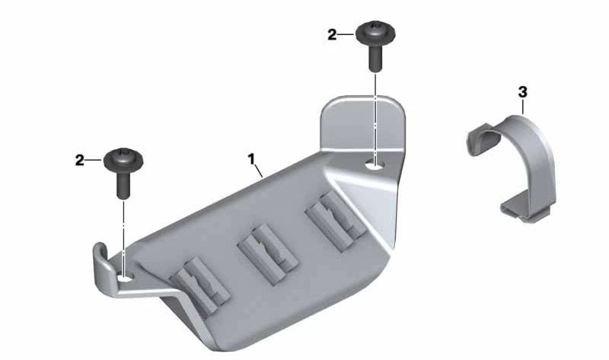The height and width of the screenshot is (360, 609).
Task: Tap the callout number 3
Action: coord(522,92)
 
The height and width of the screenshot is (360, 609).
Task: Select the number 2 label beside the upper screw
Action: coord(331,34)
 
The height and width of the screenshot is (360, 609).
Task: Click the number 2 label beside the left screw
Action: coord(79,161)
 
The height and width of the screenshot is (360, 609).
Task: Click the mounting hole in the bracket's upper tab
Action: coord(375,162)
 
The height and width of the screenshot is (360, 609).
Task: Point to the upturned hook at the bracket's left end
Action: coord(101,263)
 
